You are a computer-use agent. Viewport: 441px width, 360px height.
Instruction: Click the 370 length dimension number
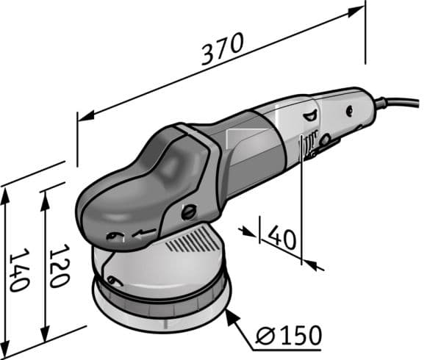[222, 48]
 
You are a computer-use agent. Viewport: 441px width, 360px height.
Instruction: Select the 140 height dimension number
[20, 270]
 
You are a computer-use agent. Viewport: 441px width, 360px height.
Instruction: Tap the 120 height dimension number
[60, 266]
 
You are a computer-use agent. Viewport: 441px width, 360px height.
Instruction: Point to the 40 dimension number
[282, 238]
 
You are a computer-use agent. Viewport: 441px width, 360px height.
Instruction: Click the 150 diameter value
[301, 335]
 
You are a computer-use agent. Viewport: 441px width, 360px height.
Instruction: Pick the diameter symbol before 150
[265, 335]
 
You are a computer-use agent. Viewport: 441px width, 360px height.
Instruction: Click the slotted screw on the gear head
[189, 212]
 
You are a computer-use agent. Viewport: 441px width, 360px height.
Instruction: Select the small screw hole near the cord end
[349, 111]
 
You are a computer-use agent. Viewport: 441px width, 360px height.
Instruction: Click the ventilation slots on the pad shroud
[194, 240]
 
